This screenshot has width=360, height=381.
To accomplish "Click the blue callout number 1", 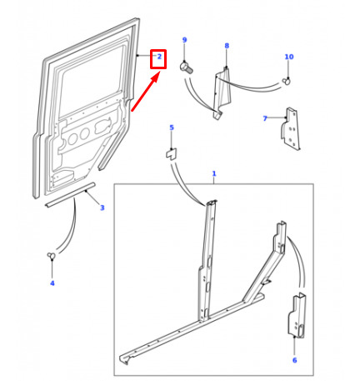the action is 214,173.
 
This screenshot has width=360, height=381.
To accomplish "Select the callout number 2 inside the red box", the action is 159,57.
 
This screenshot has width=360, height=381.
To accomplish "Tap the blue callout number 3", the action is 102,208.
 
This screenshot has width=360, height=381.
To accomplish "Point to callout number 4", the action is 52,283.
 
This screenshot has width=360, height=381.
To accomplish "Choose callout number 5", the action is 172,128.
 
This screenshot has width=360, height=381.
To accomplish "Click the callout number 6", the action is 294,360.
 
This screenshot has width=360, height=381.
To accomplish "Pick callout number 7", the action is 265,118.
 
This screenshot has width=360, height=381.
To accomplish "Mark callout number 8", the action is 227,46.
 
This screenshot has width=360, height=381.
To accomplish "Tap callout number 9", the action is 184,40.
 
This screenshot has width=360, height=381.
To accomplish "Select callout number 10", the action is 289,57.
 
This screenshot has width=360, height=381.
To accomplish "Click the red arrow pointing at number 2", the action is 146,92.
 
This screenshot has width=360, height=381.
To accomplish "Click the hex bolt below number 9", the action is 186,68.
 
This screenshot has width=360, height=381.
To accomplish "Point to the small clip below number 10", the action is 286,81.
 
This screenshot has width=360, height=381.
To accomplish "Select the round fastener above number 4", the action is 51,255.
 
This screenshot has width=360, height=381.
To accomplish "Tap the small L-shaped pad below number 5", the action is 172,154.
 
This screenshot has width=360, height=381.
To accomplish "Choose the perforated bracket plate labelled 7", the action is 291,129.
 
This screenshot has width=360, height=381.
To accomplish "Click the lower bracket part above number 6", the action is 297,315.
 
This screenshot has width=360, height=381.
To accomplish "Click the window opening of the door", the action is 92,82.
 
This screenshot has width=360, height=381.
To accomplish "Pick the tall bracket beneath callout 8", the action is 222,93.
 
